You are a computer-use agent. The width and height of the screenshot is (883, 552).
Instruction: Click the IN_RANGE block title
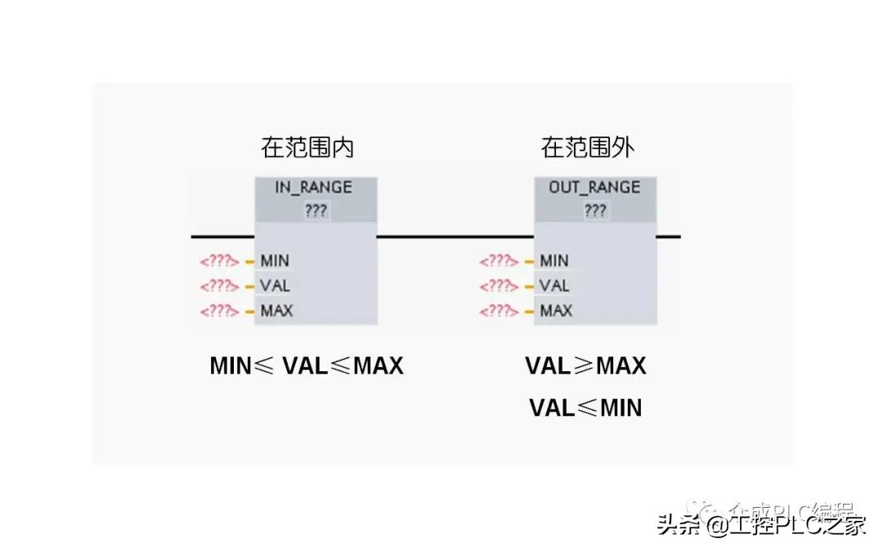coord(313,187)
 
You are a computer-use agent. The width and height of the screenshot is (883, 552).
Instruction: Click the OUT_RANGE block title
coord(594,187)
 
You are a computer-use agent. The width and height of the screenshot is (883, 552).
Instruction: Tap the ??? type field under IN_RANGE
coord(316,210)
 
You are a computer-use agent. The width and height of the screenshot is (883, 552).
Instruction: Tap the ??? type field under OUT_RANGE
coord(595,210)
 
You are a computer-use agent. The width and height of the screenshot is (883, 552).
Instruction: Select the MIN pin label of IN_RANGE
coord(275,261)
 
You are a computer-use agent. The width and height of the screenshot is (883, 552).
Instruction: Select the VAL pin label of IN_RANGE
coord(275,285)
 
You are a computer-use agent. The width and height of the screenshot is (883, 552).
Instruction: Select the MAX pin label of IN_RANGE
coord(276,311)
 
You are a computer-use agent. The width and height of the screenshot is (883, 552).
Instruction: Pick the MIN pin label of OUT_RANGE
coord(554,261)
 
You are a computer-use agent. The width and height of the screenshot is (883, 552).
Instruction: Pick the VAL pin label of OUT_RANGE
coord(554,285)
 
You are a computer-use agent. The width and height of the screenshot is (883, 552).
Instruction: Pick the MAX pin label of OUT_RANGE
coord(556,311)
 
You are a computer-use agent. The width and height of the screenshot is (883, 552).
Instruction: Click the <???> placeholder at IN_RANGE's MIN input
coord(219,262)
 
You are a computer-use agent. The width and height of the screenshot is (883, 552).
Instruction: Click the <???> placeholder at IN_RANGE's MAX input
coord(219,311)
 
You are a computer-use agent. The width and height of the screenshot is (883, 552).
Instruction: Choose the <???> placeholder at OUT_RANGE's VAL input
coord(499,286)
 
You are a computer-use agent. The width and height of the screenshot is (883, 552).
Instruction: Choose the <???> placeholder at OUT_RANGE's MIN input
coord(499,262)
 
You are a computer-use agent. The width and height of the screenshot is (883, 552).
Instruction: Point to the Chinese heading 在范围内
coord(307,148)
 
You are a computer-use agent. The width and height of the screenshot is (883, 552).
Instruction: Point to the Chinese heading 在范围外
coord(588,148)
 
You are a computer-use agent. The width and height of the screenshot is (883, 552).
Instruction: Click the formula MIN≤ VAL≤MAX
coord(307,366)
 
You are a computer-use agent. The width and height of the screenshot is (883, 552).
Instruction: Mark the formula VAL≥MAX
coord(585,366)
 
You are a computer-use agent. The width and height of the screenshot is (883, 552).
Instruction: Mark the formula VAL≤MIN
coord(585,407)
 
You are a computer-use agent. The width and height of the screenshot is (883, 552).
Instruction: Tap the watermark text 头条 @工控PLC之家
coord(761,524)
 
